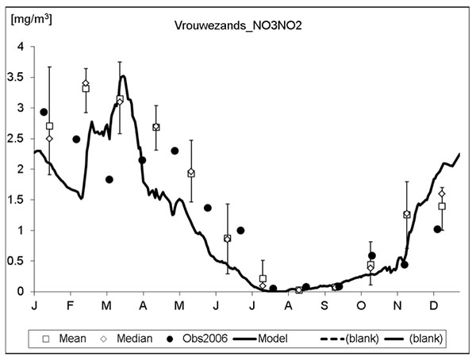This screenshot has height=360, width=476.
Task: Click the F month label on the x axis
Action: coord(70,305)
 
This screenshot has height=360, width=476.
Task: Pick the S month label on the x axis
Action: coord(324,305)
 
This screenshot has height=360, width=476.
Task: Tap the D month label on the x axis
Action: coord(433,305)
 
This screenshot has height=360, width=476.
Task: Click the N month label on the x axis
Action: coord(397,305)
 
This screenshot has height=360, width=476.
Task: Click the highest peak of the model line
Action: coord(123,76)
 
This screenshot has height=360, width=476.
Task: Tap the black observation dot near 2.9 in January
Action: coord(44,112)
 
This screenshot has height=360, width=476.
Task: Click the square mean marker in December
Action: coord(442,206)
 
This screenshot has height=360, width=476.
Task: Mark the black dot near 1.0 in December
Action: coord(437,229)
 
